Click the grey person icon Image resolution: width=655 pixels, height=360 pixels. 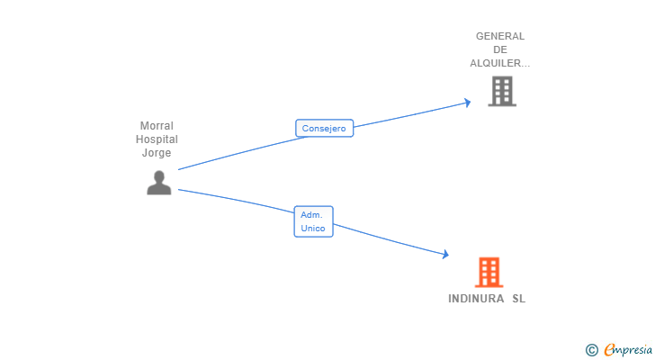tap(159, 183)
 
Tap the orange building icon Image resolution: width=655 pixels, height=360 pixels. tap(489, 272)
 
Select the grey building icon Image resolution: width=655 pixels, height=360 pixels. tap(502, 91)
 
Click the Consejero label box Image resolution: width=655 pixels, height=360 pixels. tap(324, 129)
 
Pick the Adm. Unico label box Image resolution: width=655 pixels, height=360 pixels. tap(313, 221)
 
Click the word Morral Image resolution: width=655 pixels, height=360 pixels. tap(157, 126)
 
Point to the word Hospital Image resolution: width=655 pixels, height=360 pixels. tap(157, 139)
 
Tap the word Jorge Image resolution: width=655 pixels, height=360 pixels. tap(157, 153)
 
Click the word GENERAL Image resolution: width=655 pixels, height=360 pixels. tap(500, 36)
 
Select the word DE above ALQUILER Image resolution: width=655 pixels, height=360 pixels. tap(500, 49)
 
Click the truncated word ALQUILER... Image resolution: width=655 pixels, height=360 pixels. tap(499, 63)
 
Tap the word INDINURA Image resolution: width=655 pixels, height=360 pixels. tap(477, 299)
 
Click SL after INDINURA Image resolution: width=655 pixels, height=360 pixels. tap(518, 299)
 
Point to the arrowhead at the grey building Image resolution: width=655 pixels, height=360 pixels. tap(467, 102)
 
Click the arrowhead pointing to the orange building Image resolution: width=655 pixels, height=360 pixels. tap(444, 255)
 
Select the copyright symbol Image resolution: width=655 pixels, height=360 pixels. tap(591, 350)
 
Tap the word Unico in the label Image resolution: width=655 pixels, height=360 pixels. tap(313, 229)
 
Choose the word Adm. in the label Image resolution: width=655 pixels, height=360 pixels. tap(311, 215)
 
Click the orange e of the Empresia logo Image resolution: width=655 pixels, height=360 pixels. tap(609, 350)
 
